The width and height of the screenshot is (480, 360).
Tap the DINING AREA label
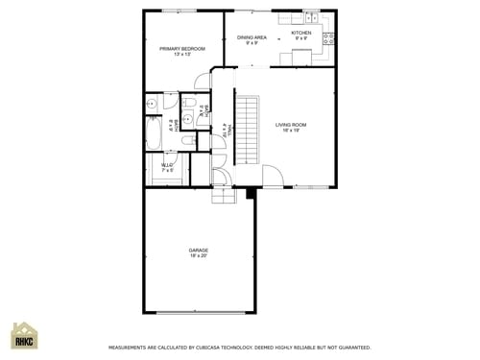(252, 37)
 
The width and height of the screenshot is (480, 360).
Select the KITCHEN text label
(301, 33)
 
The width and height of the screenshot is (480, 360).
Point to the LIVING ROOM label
(291, 125)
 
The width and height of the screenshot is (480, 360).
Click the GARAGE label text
(199, 251)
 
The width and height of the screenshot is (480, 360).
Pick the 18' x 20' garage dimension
(199, 256)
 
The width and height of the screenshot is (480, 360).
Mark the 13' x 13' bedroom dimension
(182, 54)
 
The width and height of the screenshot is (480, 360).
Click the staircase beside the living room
(249, 130)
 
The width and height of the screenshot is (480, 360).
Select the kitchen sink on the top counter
(311, 16)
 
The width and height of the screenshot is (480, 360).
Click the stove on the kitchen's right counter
(328, 39)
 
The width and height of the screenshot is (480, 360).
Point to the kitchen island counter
(301, 57)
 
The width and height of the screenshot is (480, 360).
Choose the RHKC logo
(24, 337)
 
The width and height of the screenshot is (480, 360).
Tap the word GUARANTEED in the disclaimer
(349, 348)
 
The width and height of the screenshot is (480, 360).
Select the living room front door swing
(274, 177)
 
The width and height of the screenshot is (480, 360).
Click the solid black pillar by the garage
(251, 193)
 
